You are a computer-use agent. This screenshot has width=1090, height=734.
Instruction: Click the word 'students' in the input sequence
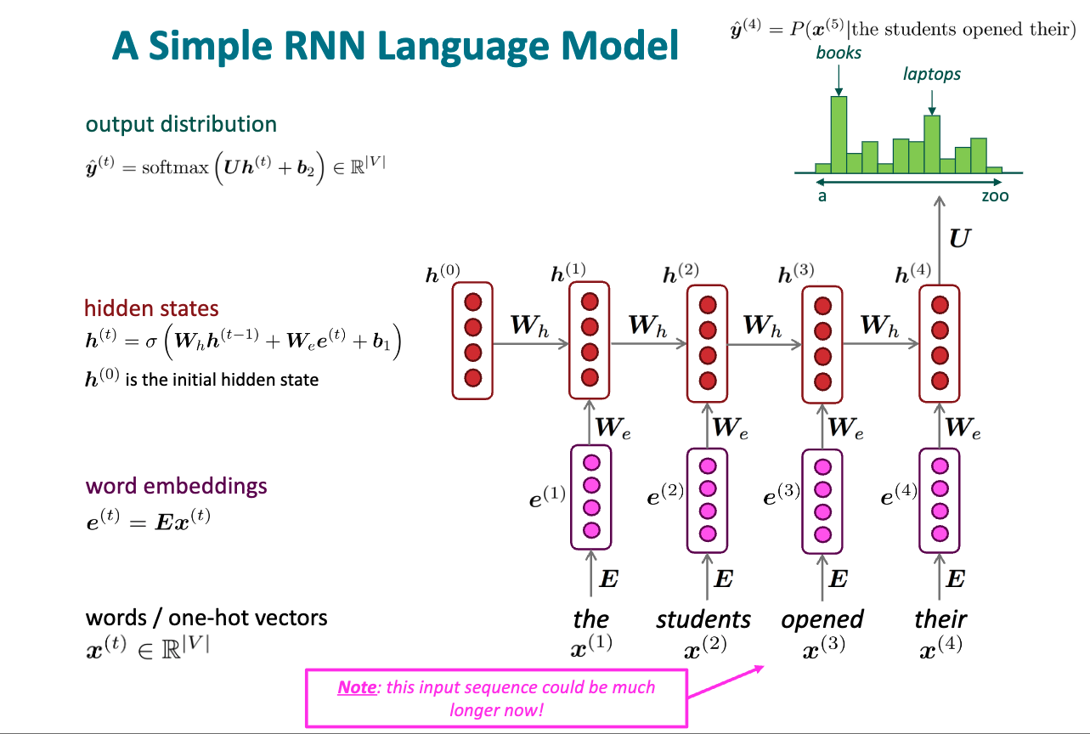pos(703,619)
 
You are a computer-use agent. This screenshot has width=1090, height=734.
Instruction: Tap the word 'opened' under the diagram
pos(822,619)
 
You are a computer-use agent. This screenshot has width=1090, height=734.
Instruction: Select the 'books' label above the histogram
pos(839,53)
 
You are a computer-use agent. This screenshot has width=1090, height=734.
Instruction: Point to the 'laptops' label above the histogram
pos(932,74)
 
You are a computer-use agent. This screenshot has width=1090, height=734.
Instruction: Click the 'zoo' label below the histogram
pos(995,196)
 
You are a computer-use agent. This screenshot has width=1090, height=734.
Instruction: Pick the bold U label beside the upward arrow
pos(960,238)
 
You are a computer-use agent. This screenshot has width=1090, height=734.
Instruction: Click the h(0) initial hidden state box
pos(472,341)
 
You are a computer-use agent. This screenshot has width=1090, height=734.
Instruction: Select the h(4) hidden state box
pos(940,342)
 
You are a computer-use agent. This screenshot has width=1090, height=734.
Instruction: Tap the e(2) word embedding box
pos(707,499)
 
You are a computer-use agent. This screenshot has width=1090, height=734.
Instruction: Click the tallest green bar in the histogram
pos(839,133)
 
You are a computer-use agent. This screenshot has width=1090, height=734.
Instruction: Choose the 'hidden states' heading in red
pos(151,308)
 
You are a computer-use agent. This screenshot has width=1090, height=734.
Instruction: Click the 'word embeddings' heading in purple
pos(176,486)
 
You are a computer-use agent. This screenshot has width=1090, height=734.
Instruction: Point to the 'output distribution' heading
pos(181,124)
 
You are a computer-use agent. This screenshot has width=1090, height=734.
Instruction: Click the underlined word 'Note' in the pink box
pos(357,686)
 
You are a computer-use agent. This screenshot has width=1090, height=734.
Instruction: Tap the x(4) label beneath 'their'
pos(940,652)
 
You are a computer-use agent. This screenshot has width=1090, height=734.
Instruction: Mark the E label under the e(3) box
pos(838,579)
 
